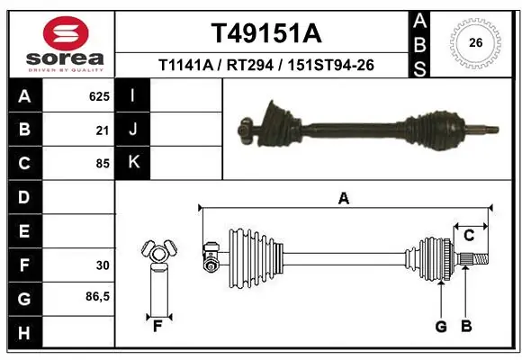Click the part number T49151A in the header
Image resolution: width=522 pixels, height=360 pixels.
(x=265, y=33)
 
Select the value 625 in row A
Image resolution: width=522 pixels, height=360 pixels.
(x=98, y=95)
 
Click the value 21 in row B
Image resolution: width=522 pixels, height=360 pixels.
(x=103, y=130)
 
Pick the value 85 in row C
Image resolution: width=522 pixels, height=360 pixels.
(x=102, y=164)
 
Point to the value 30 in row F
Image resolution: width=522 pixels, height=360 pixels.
(x=102, y=265)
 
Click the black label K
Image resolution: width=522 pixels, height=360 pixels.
(x=133, y=163)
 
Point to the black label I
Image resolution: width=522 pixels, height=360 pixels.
(x=133, y=95)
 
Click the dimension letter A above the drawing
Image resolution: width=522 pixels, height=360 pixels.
(x=343, y=199)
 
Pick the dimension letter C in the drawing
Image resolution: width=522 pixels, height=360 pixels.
(x=469, y=235)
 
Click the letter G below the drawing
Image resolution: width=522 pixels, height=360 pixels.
(x=441, y=327)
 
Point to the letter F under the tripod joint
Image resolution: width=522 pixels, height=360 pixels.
(x=157, y=326)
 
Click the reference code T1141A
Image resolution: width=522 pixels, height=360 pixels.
(x=185, y=65)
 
